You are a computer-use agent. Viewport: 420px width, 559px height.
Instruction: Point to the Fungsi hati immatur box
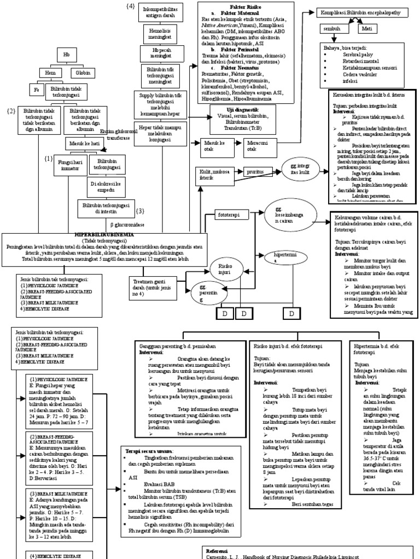(71, 165)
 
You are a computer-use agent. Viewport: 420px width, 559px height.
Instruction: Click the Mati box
(370, 27)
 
